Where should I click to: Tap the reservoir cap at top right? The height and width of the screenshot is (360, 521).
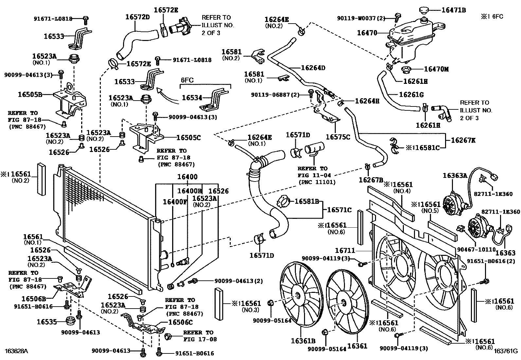(425, 10)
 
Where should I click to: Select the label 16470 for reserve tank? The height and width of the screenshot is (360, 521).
(367, 33)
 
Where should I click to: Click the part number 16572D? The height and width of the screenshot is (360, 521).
(137, 17)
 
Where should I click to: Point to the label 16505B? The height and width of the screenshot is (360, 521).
(30, 95)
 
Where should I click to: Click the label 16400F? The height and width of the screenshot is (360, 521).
(175, 202)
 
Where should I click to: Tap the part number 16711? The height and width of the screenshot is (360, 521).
(345, 251)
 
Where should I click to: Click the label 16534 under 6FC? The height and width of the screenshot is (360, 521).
(192, 98)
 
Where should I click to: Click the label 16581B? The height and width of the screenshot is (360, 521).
(307, 201)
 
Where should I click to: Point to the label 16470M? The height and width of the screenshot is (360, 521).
(436, 69)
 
